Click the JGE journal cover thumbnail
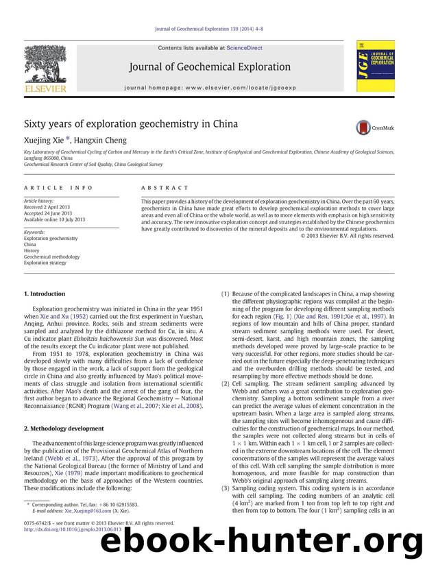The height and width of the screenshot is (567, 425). (375, 66)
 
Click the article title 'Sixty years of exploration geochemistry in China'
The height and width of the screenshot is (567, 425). (131, 124)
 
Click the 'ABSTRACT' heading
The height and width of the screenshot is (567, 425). (165, 187)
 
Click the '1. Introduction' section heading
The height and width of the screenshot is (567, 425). (45, 294)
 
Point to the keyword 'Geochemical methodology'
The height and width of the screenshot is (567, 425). (52, 256)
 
